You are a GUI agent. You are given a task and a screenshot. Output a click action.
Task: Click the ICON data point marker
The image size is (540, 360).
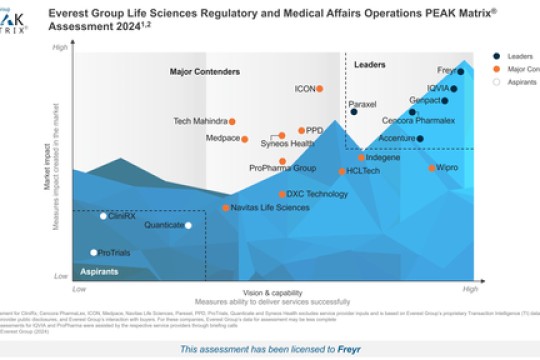[320, 89]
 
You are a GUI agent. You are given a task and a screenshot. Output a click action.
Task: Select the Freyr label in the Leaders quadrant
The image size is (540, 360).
[447, 71]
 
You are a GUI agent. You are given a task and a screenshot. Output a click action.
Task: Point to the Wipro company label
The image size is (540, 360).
[447, 168]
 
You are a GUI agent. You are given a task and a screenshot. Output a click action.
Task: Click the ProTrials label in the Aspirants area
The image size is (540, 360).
[114, 254]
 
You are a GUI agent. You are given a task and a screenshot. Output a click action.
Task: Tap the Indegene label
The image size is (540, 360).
[383, 158]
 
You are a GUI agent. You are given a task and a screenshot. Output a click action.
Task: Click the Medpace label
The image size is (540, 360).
[222, 138]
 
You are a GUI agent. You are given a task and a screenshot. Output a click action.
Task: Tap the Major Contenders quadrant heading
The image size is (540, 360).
[205, 72]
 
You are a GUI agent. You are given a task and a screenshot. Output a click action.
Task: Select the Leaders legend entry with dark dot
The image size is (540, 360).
[517, 56]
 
